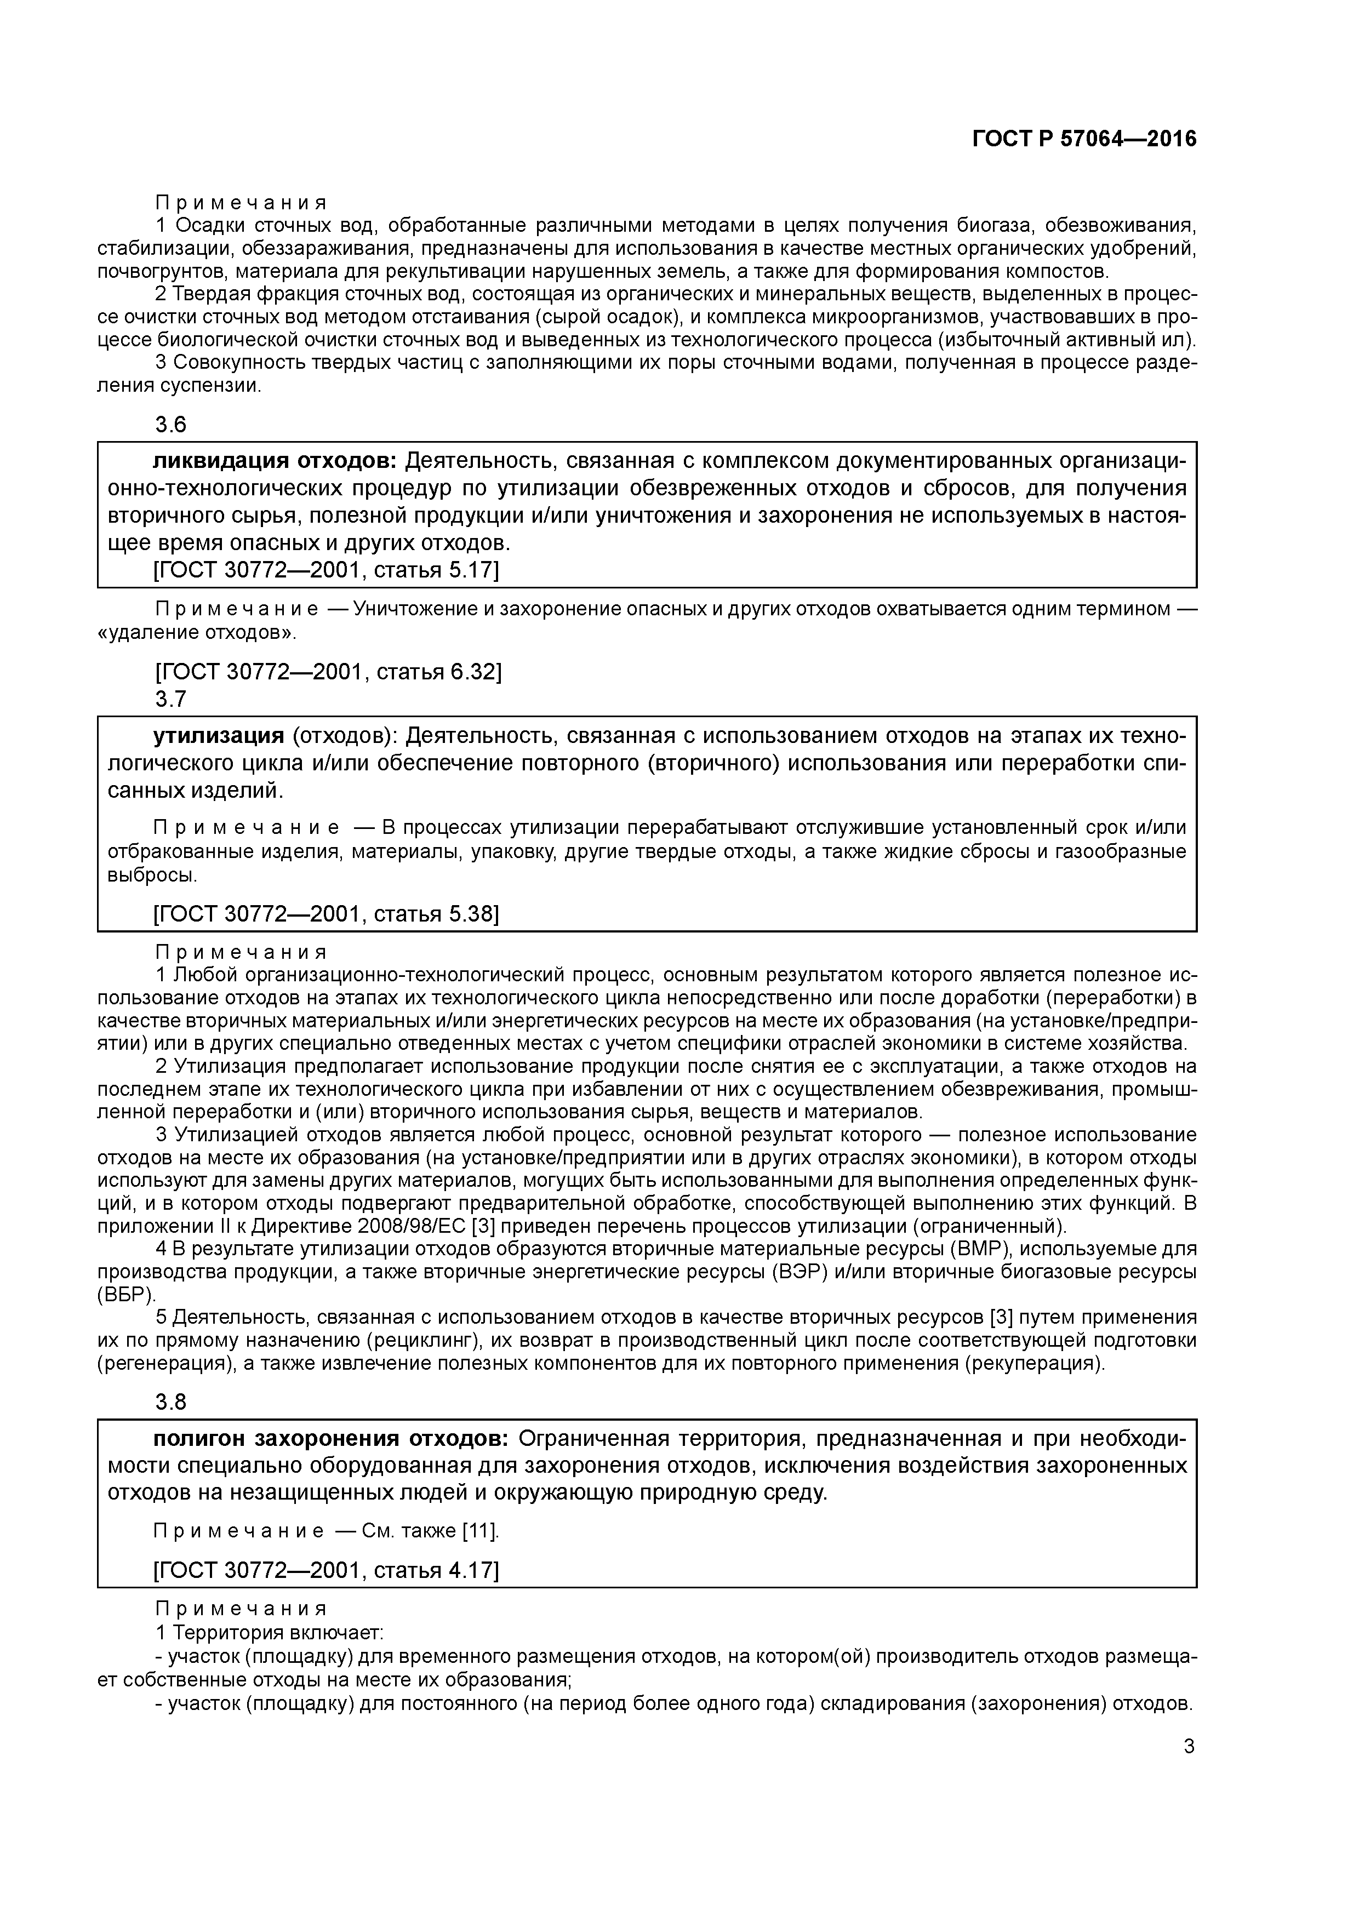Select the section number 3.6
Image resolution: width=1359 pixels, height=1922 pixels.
(171, 425)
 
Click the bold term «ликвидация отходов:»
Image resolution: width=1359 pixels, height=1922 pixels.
(275, 461)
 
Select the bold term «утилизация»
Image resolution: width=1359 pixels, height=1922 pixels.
(219, 736)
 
